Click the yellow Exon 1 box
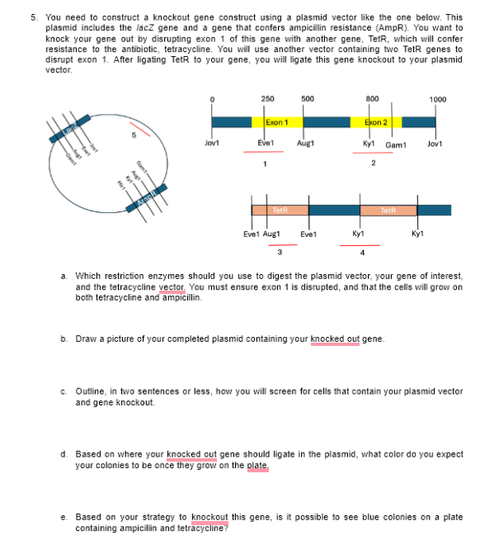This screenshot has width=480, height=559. click(276, 122)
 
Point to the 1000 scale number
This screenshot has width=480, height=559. click(438, 100)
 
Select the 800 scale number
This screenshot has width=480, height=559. click(372, 99)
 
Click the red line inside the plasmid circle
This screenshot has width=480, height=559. click(144, 130)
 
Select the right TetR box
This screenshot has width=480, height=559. click(389, 211)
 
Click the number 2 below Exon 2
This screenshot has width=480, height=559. click(373, 163)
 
